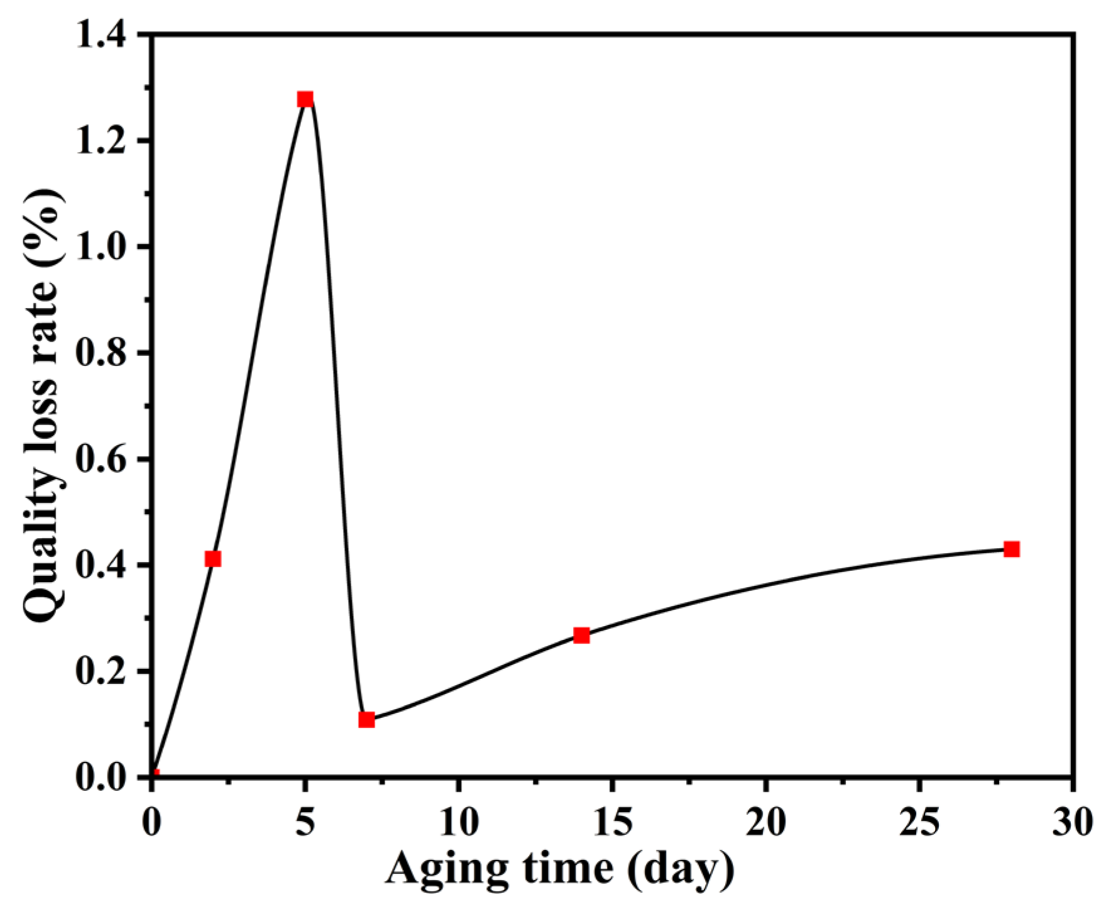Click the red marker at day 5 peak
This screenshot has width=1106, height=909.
[x=305, y=99]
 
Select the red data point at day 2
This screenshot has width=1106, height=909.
[x=213, y=559]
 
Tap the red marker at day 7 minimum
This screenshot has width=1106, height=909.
[x=367, y=720]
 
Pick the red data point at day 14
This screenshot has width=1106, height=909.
[x=582, y=636]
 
